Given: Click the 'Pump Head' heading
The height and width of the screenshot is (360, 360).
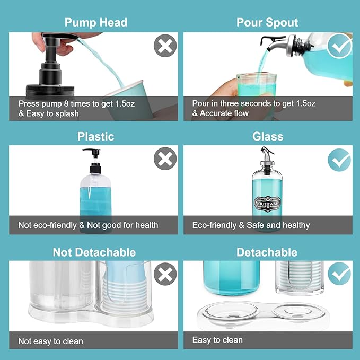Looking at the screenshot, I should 95,22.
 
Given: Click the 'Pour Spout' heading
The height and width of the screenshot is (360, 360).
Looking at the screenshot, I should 267,22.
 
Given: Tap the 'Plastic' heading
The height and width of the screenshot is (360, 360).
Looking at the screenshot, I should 95,136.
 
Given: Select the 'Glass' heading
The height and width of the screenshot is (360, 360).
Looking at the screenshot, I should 267,136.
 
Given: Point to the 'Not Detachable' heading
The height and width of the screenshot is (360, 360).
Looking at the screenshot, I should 94,252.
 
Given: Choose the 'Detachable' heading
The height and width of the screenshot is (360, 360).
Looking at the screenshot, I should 267,252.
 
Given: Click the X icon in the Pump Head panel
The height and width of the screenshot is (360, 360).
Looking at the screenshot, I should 165,46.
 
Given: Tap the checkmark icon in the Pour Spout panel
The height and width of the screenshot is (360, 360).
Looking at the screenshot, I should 339,47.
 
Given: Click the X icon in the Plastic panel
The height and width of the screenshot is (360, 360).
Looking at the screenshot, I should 165,159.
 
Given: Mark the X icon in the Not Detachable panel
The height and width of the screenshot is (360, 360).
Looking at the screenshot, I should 165,274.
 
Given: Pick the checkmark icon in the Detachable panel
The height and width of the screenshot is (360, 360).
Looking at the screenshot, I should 339,274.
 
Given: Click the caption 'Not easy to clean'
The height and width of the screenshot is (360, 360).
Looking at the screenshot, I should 50,341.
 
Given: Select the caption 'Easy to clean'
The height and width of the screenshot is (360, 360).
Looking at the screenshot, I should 217,340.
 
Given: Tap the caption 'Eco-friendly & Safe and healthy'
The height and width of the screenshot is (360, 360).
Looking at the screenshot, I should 251,225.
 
